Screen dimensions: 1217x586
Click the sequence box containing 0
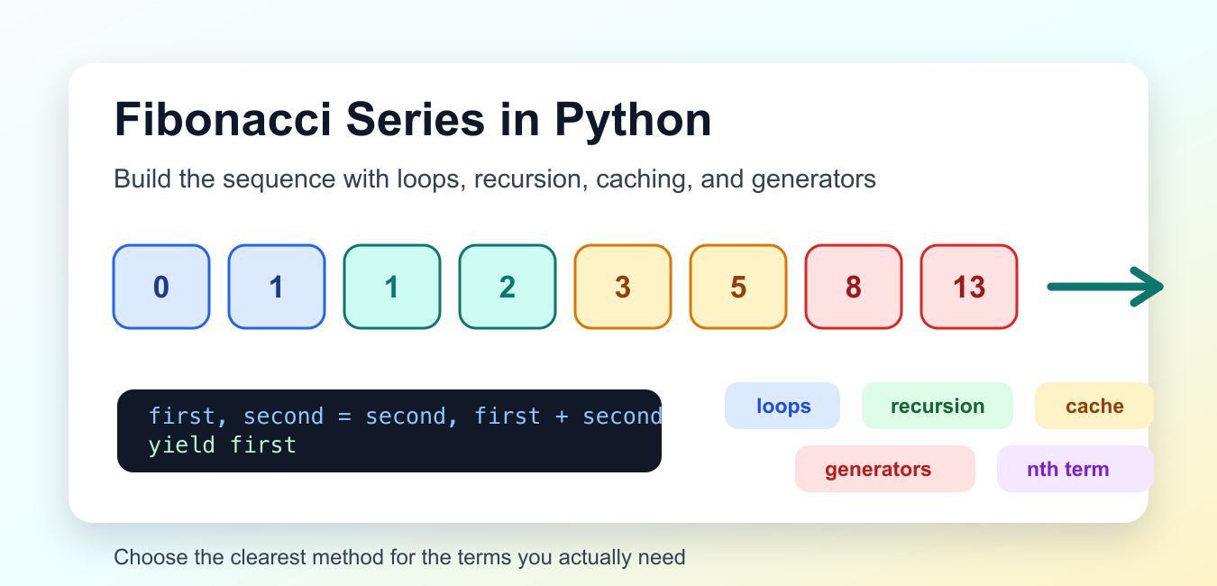tap(161, 287)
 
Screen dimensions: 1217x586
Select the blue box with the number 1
tap(277, 287)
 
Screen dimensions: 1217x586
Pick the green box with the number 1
tap(392, 287)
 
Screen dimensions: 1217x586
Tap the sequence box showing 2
tap(508, 287)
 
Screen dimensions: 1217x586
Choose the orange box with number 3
tap(623, 287)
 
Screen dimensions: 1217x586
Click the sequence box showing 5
tap(738, 287)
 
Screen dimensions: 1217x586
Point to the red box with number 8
tap(854, 287)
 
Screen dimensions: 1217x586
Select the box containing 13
tap(969, 287)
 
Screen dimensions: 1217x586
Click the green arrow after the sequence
tap(1105, 287)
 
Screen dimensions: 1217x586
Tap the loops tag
tap(782, 406)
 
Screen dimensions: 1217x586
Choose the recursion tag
tap(938, 406)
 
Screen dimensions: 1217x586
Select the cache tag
tap(1094, 406)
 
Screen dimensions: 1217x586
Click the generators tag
tap(885, 469)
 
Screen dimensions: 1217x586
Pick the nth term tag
tap(1075, 469)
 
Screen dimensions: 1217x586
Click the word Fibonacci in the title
tap(223, 120)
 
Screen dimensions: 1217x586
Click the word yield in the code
tap(181, 445)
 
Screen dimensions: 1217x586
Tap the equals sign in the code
tap(344, 417)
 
